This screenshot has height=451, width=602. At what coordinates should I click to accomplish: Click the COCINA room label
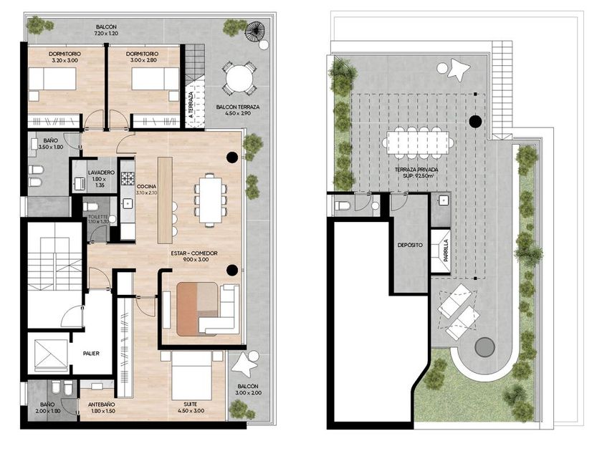147,187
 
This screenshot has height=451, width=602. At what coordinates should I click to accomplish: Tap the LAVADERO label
101,173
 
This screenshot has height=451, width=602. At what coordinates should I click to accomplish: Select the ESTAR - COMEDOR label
194,253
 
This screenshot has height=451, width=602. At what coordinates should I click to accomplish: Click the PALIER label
92,353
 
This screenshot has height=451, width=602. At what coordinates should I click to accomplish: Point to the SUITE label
191,404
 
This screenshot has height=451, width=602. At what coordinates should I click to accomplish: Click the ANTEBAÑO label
101,404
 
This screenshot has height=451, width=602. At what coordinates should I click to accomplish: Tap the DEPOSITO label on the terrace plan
410,245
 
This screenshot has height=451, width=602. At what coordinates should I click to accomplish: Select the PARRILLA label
446,251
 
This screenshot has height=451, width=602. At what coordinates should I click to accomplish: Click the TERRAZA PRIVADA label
416,170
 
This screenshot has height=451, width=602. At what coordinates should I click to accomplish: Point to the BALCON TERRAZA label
238,107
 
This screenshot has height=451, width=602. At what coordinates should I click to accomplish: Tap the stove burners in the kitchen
128,178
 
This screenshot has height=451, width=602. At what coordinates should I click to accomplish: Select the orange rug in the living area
197,309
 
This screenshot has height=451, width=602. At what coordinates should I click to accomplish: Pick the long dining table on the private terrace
418,143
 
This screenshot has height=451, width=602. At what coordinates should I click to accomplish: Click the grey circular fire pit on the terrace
484,347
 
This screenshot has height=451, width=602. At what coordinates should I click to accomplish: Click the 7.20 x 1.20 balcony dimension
106,34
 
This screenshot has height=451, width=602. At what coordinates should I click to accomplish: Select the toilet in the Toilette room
90,207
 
